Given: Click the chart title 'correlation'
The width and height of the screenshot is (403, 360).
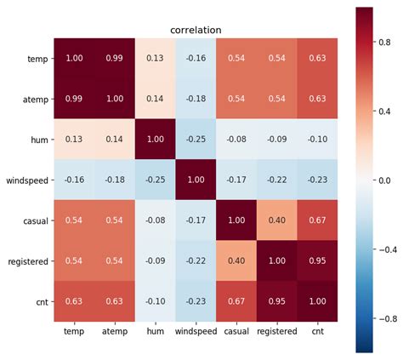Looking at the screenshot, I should coord(196,30).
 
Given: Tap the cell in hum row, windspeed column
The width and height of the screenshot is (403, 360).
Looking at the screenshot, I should coord(196,140).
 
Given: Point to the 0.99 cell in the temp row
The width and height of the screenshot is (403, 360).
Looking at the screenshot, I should coord(115,59).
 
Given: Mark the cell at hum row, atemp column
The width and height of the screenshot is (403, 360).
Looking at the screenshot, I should coord(115,140).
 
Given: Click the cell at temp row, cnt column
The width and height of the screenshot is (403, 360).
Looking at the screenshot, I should coord(316,59).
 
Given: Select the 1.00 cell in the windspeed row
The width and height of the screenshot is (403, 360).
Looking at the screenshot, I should coord(196,180).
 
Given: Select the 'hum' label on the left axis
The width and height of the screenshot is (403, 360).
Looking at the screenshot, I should coord(38,140).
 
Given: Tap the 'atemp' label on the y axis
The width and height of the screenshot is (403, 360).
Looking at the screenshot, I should coord(35,100).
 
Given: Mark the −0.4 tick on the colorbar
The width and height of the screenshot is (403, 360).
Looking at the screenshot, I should coord(387,249).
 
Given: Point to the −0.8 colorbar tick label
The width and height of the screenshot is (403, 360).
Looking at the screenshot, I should coord(387,319).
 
